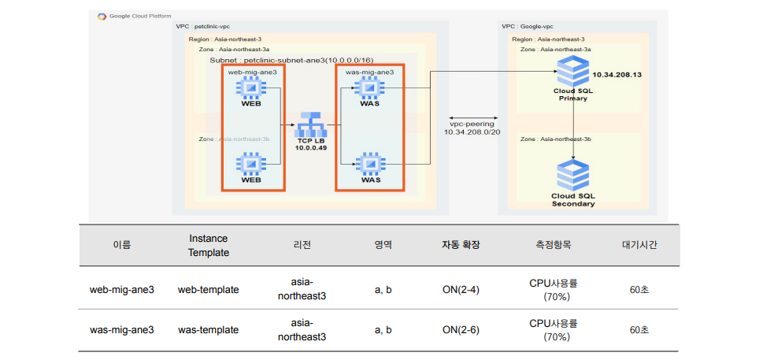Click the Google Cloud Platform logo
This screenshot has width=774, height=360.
click(102, 17)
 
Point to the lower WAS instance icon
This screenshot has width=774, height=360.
click(370, 164)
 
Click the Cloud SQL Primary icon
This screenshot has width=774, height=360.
click(572, 71)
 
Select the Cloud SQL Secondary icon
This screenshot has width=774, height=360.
click(572, 173)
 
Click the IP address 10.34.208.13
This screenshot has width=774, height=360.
click(617, 75)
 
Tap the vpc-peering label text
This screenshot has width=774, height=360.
click(472, 124)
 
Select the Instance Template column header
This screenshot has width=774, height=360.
click(209, 245)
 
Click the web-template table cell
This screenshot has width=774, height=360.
click(209, 289)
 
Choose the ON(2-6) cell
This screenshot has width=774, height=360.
click(461, 329)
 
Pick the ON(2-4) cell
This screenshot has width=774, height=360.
click(461, 289)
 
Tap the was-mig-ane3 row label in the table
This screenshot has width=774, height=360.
click(122, 329)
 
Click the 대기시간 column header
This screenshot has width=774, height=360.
click(639, 245)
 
